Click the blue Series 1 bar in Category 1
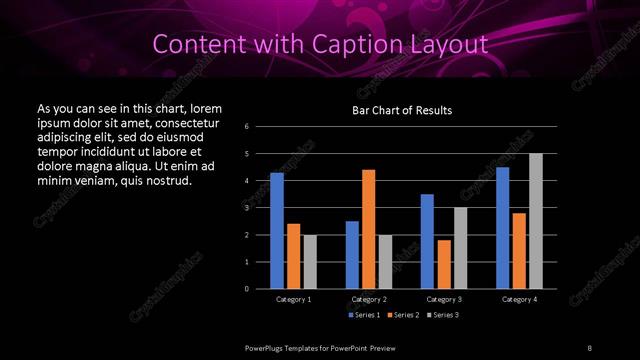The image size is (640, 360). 277,231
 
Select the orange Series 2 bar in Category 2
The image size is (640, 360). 369,229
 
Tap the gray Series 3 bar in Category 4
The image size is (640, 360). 536,221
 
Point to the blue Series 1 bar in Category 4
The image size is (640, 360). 503,228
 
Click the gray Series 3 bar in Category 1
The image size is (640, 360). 310,262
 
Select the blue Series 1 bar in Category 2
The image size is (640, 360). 352,255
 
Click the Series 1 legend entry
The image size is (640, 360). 364,316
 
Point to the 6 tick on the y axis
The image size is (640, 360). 247,127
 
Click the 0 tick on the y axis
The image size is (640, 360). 247,289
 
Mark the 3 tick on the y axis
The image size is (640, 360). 247,208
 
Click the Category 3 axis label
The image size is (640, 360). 444,299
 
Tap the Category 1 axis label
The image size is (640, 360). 293,299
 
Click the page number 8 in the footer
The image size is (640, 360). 590,347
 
